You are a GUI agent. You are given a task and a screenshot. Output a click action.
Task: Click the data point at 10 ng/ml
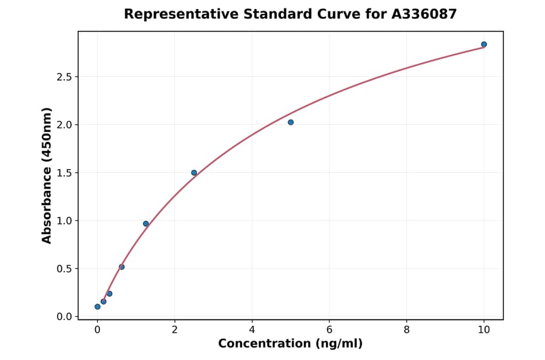tap(484, 44)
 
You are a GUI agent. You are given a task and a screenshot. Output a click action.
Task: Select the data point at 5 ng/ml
tap(291, 122)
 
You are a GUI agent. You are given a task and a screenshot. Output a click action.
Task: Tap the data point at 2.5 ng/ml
tap(194, 173)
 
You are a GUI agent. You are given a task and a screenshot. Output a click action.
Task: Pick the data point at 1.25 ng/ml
tap(146, 224)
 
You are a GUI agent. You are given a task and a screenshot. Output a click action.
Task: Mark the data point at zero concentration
tap(97, 307)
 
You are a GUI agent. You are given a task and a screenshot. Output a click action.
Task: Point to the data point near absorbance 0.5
tap(122, 267)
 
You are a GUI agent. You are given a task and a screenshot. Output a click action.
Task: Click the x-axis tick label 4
tap(252, 330)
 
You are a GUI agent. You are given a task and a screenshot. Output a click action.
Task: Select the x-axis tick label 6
tap(329, 330)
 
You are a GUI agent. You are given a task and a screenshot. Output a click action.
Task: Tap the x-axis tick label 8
tap(406, 330)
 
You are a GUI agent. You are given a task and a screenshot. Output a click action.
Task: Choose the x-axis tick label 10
tap(484, 330)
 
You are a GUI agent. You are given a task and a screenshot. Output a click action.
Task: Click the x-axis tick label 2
tap(174, 330)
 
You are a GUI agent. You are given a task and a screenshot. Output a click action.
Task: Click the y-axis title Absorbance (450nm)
tap(47, 175)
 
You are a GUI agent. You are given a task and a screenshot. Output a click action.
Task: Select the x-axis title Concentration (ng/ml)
tap(290, 344)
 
